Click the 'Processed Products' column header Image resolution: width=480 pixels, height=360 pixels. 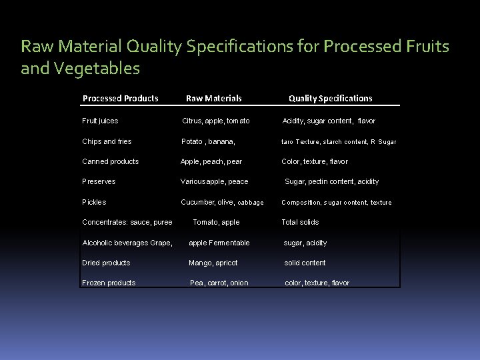point(120,98)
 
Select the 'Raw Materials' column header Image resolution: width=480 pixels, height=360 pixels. point(213,98)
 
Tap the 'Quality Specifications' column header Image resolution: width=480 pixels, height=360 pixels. point(330,98)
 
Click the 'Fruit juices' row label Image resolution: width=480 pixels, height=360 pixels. point(100,121)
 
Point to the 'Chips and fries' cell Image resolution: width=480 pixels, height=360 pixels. point(107,141)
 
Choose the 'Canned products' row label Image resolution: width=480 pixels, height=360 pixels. point(110,161)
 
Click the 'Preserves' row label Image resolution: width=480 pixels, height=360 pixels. point(99,181)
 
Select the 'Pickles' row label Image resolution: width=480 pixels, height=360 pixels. point(94,202)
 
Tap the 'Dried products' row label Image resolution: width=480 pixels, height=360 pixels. point(106,263)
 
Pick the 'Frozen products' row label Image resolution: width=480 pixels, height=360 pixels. point(109,283)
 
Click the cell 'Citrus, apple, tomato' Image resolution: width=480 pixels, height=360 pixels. point(216,121)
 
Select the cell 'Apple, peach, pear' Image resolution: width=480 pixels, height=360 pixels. point(211,161)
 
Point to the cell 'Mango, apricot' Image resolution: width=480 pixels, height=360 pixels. point(213,263)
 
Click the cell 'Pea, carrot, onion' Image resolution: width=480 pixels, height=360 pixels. point(219,283)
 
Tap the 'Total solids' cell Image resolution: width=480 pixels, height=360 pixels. point(300,222)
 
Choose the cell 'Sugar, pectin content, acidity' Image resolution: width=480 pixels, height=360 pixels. point(331,181)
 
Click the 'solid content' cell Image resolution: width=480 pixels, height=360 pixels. point(305,263)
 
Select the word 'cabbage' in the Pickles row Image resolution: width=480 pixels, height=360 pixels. point(251,203)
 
